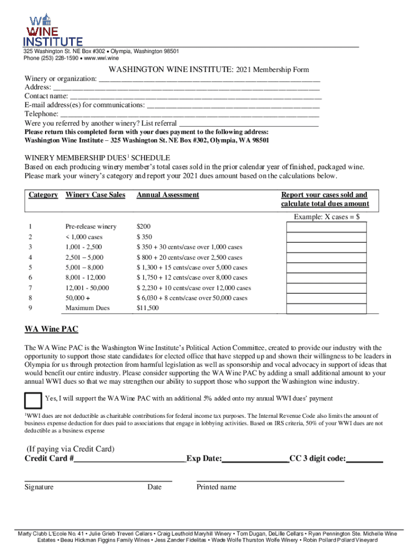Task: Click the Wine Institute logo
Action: click(52, 30)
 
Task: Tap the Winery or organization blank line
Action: click(210, 79)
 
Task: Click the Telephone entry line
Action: click(189, 114)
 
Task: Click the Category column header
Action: click(43, 195)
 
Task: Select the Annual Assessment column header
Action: click(168, 195)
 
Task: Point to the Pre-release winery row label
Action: click(91, 227)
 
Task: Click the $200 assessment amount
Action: click(144, 227)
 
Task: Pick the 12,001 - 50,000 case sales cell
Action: click(87, 288)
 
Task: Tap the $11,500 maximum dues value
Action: click(148, 308)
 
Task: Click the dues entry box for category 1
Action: click(326, 227)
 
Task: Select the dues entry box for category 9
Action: click(326, 308)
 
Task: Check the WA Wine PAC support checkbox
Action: click(33, 400)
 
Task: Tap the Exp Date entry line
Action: click(255, 460)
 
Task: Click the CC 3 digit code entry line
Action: click(364, 460)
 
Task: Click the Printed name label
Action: click(216, 487)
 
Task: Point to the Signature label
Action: click(39, 487)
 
